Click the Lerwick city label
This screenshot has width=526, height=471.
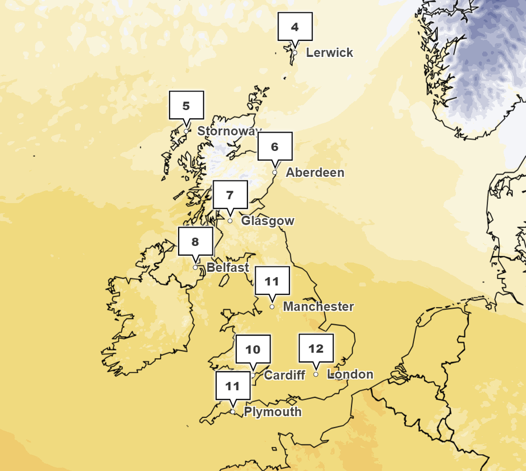(x=330, y=53)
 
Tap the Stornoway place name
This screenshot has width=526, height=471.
(x=229, y=131)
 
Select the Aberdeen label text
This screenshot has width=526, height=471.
(x=315, y=172)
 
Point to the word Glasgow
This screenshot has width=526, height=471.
(x=267, y=221)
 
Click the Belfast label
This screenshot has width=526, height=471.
(x=228, y=267)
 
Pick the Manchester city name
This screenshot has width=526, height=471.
(x=318, y=307)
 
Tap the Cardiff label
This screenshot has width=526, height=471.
(x=284, y=375)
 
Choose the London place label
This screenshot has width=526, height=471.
(x=350, y=374)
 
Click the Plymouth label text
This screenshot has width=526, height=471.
(x=273, y=412)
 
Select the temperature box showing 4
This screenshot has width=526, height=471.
(x=295, y=26)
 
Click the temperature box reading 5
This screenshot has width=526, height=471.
(x=186, y=105)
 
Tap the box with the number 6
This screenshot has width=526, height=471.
(x=275, y=146)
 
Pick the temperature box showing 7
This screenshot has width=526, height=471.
(x=230, y=194)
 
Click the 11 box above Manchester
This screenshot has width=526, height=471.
(x=272, y=280)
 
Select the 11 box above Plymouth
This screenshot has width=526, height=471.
(x=233, y=386)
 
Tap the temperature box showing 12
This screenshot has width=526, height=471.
(x=316, y=348)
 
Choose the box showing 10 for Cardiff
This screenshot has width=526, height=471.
(x=253, y=349)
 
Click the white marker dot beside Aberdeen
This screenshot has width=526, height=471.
(x=275, y=172)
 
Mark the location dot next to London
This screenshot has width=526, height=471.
(x=316, y=374)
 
